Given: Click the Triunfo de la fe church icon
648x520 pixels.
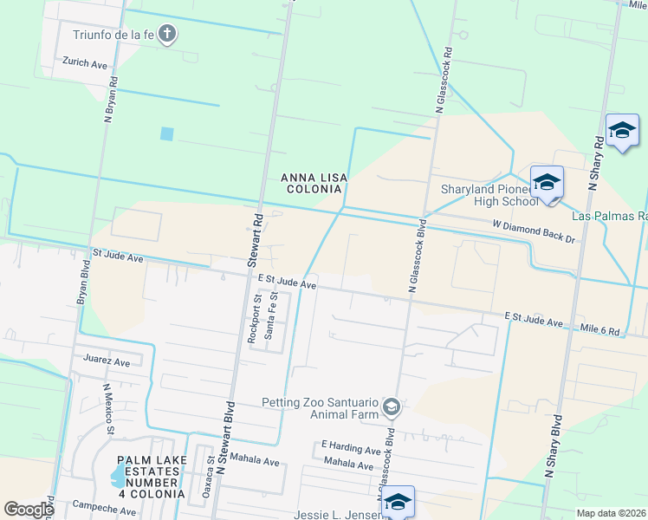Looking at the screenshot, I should click(x=168, y=36).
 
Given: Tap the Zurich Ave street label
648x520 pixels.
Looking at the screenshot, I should click(x=84, y=64).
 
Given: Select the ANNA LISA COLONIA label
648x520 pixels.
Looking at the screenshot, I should click(x=314, y=183).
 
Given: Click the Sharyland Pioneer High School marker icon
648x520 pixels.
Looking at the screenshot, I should click(x=547, y=182).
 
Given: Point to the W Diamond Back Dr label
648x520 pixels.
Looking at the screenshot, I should click(x=534, y=231).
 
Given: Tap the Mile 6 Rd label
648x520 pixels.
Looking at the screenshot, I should click(x=600, y=331).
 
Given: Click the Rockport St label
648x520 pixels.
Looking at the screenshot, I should click(x=256, y=321).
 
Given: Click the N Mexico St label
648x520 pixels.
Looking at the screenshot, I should click(x=109, y=409).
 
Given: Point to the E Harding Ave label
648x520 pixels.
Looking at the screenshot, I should click(x=350, y=451).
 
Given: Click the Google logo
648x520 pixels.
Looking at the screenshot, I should click(x=28, y=510).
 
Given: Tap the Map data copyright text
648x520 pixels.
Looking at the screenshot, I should click(x=611, y=513).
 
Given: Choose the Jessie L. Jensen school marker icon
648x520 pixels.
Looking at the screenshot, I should click(x=398, y=501).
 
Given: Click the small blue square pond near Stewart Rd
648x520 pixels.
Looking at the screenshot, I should click(x=166, y=134).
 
